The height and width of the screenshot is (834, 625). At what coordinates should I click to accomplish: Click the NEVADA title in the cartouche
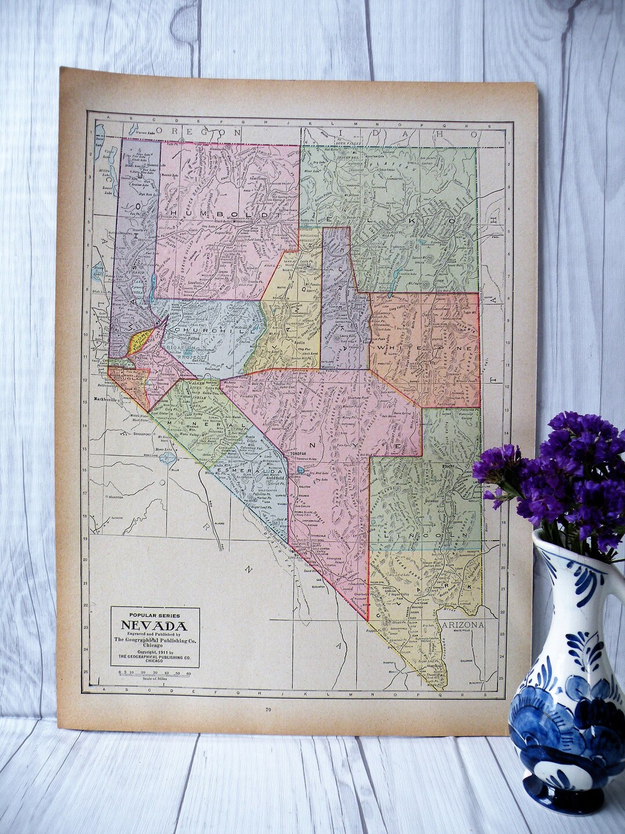pyautogui.click(x=154, y=625)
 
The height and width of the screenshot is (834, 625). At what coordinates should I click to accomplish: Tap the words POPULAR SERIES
pyautogui.click(x=154, y=615)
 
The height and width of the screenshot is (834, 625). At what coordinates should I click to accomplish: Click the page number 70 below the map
pyautogui.click(x=267, y=709)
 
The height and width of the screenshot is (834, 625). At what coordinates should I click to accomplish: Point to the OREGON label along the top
pyautogui.click(x=197, y=133)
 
